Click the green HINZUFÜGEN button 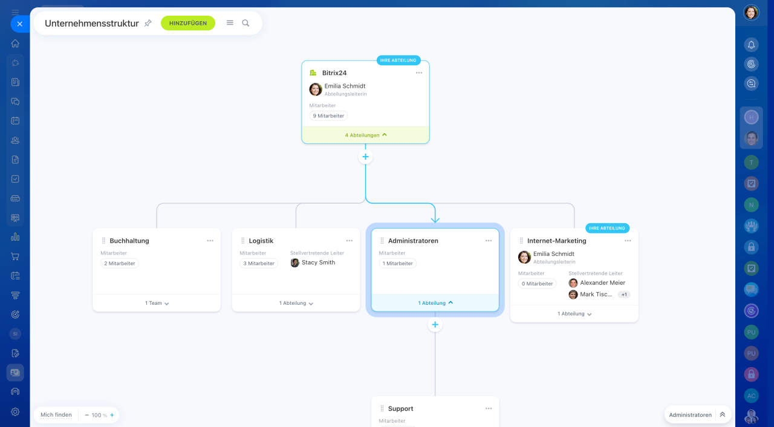tap(188, 23)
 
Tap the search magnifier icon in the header tap(246, 23)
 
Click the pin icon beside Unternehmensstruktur tap(148, 23)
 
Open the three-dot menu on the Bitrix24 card tap(419, 73)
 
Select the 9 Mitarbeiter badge tap(328, 116)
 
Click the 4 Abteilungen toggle tap(366, 135)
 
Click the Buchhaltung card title tap(129, 241)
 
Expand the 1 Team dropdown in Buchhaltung tap(157, 303)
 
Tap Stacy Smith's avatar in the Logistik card tap(294, 262)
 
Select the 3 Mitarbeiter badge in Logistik tap(259, 263)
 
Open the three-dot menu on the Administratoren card tap(488, 241)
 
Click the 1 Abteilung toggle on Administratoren tap(435, 303)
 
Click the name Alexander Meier tap(602, 282)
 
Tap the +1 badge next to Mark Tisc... tap(624, 295)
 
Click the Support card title tap(400, 409)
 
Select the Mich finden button tap(56, 415)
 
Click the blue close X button tap(20, 24)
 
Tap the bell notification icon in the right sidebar tap(751, 45)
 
